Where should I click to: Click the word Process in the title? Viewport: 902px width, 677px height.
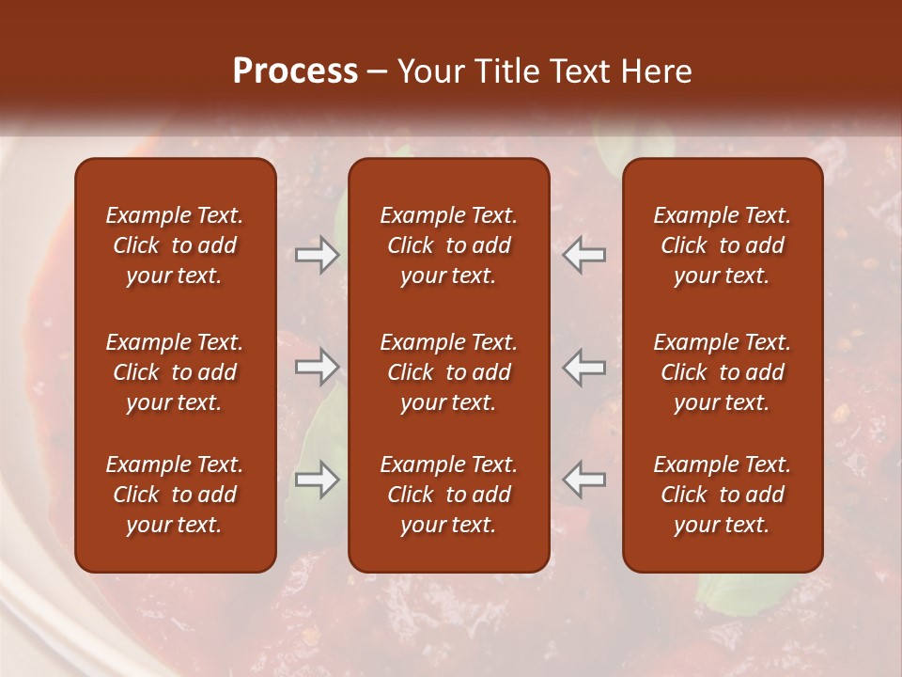[295, 71]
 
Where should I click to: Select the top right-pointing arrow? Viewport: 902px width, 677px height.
[317, 255]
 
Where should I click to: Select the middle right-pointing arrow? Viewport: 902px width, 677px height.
[317, 367]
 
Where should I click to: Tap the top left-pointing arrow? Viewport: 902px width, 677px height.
[584, 255]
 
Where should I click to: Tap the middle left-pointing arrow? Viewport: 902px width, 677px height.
[584, 367]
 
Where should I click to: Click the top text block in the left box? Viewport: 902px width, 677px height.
[175, 245]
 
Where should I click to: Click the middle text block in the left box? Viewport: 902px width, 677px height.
[175, 372]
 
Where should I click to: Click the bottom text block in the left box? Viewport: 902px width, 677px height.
[175, 495]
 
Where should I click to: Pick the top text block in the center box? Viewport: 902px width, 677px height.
[449, 245]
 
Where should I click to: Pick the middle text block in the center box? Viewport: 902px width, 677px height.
[449, 372]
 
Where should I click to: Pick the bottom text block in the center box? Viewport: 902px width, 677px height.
[449, 495]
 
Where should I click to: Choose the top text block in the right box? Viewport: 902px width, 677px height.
[723, 245]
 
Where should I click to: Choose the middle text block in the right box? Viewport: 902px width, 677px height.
[723, 372]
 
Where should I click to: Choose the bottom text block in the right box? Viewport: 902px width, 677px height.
[723, 495]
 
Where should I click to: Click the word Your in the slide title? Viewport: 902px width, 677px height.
[429, 71]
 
